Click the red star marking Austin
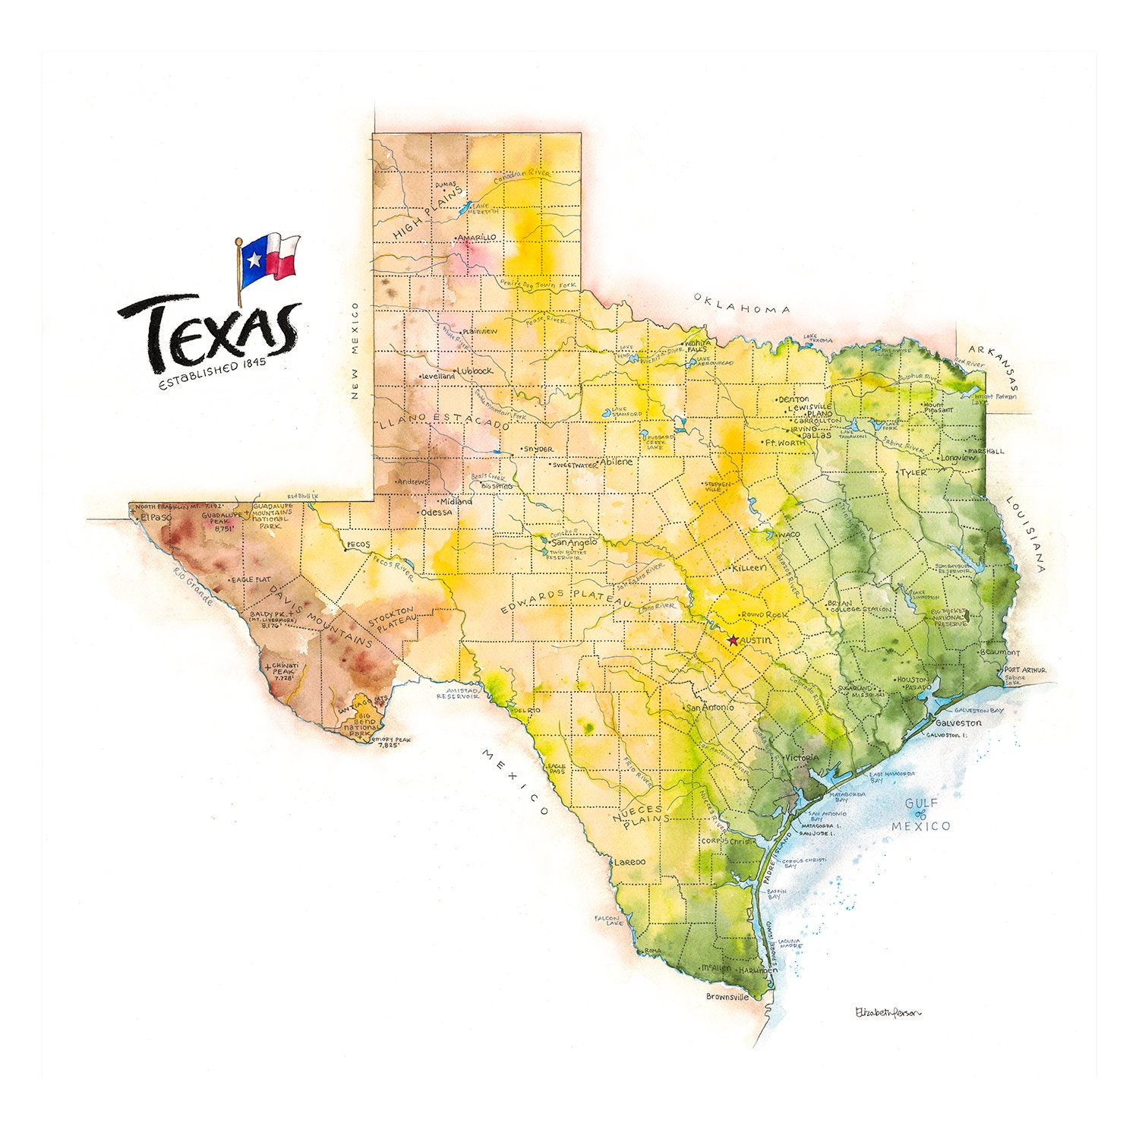tap(733, 641)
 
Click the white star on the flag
tap(254, 260)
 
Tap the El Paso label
tap(156, 518)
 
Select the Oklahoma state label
tap(742, 304)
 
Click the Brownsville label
tap(727, 996)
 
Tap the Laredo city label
tap(629, 862)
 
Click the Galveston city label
tap(958, 723)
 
